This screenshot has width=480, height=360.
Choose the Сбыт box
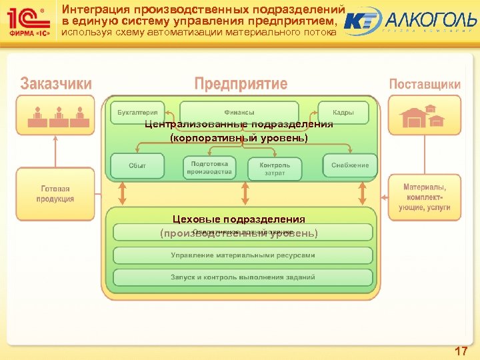pyautogui.click(x=137, y=165)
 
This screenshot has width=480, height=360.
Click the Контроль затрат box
pyautogui.click(x=274, y=169)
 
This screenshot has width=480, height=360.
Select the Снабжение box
pyautogui.click(x=350, y=165)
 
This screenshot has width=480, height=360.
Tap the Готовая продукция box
pyautogui.click(x=55, y=194)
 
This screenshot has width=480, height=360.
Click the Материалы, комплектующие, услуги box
pyautogui.click(x=425, y=194)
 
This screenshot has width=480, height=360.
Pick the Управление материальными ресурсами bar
pyautogui.click(x=243, y=255)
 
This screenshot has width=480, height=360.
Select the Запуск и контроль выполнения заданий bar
pyautogui.click(x=243, y=277)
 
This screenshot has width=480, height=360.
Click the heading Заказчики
pyautogui.click(x=56, y=85)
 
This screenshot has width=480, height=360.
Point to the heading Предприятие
pyautogui.click(x=241, y=84)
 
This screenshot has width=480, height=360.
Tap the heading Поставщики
pyautogui.click(x=425, y=85)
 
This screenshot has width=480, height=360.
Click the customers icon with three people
pyautogui.click(x=59, y=116)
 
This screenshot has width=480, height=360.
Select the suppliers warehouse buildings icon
pyautogui.click(x=422, y=117)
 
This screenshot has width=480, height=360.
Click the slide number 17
pyautogui.click(x=460, y=351)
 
